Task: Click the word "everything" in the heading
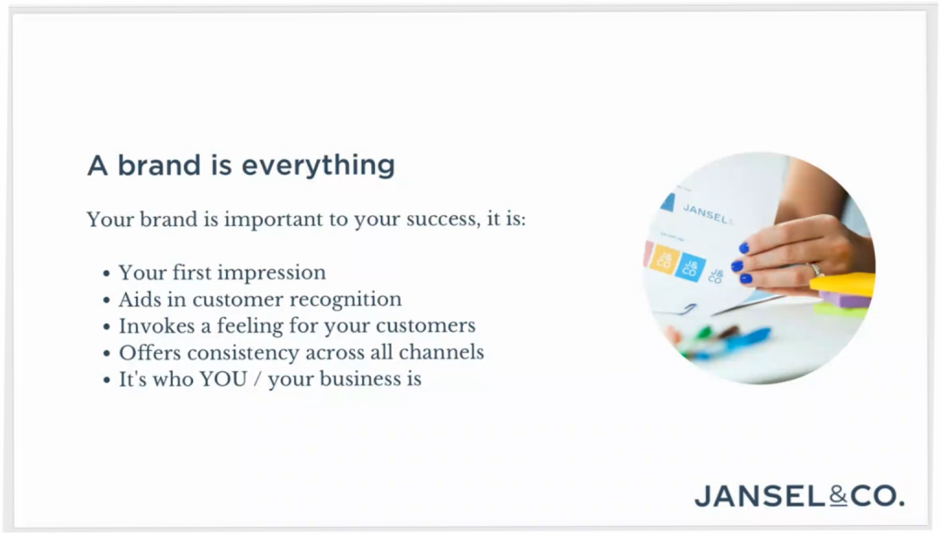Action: pyautogui.click(x=318, y=165)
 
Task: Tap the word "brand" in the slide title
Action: pyautogui.click(x=159, y=165)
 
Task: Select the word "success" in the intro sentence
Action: pyautogui.click(x=443, y=219)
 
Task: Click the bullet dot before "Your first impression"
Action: pyautogui.click(x=107, y=274)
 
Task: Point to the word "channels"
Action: pyautogui.click(x=442, y=352)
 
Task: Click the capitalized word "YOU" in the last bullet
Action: pyautogui.click(x=223, y=380)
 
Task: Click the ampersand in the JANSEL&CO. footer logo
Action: pyautogui.click(x=838, y=496)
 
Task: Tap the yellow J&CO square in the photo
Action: pyautogui.click(x=665, y=260)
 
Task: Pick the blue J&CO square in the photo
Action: pyautogui.click(x=690, y=267)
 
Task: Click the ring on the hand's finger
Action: pyautogui.click(x=816, y=269)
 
